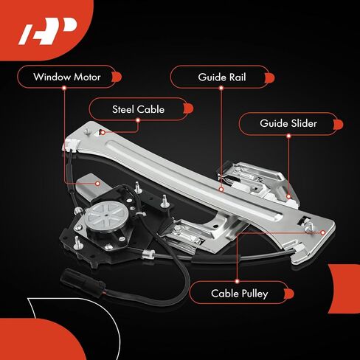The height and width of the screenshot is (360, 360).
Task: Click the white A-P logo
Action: point(48,31)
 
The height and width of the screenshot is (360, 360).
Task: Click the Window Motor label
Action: point(67,77)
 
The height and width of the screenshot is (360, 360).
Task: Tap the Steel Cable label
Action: point(138,109)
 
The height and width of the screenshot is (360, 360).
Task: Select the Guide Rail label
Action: point(222,77)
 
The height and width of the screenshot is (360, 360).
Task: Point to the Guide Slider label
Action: point(288,123)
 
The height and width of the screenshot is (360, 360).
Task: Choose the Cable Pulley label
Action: point(239,294)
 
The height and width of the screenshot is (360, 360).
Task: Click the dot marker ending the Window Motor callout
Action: point(97,184)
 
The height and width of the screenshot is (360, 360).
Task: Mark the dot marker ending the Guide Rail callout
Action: point(221,190)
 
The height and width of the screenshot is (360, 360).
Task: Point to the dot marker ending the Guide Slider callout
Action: point(288,196)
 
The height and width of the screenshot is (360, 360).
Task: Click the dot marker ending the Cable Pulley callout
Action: point(323,232)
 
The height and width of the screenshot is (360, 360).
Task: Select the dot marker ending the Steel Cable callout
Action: point(103,133)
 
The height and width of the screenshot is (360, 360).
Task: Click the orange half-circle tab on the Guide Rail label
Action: point(270,77)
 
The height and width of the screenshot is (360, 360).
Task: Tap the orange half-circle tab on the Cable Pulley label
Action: point(289,294)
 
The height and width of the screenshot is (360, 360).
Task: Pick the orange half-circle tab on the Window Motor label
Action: point(117,77)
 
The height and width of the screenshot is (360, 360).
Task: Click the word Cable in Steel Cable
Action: point(151,109)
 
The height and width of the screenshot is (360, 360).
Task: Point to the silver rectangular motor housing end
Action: point(88,185)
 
